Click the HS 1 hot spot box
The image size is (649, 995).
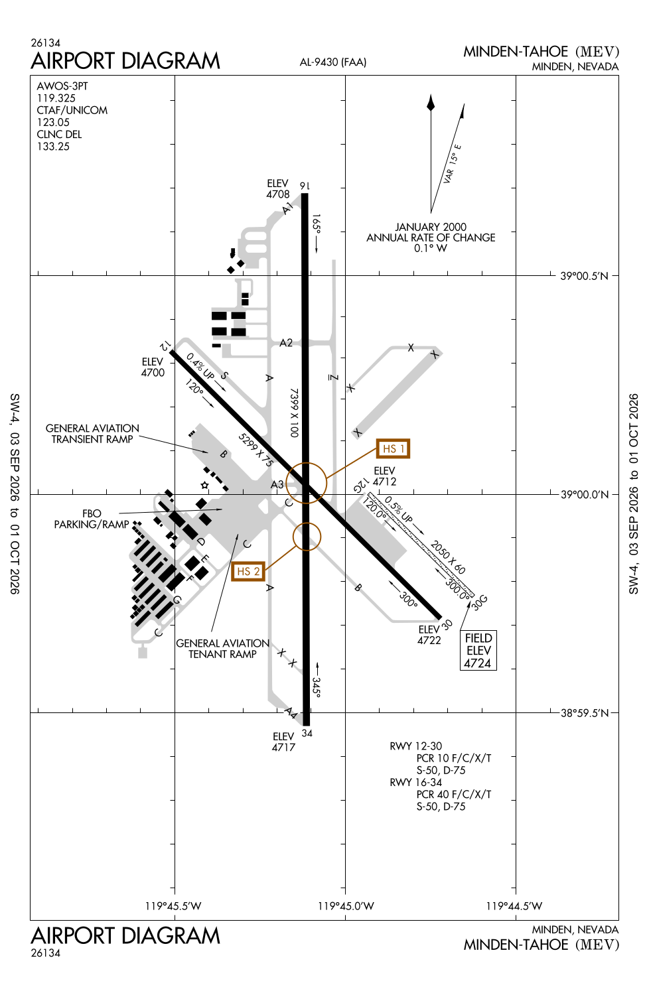point(393,448)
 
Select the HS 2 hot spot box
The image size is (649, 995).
point(248,571)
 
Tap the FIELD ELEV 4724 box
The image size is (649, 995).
point(478,650)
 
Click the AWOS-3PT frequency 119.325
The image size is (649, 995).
point(56,98)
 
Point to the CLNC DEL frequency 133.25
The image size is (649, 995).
point(53,147)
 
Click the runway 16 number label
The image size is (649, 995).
point(305,186)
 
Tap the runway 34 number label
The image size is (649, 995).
point(307,733)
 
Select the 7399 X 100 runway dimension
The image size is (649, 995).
point(294,413)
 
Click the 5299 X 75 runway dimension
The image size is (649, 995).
point(255,450)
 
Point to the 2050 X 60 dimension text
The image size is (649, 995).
point(448,557)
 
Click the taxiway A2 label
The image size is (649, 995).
point(286,343)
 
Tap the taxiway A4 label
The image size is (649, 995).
point(291,713)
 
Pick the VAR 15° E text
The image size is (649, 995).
point(452,164)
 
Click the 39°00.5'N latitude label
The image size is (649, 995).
point(584,276)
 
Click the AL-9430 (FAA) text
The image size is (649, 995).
point(333,62)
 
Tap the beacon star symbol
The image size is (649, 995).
point(204,485)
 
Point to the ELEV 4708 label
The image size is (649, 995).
point(278,189)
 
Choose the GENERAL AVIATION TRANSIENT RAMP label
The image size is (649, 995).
point(92,434)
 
